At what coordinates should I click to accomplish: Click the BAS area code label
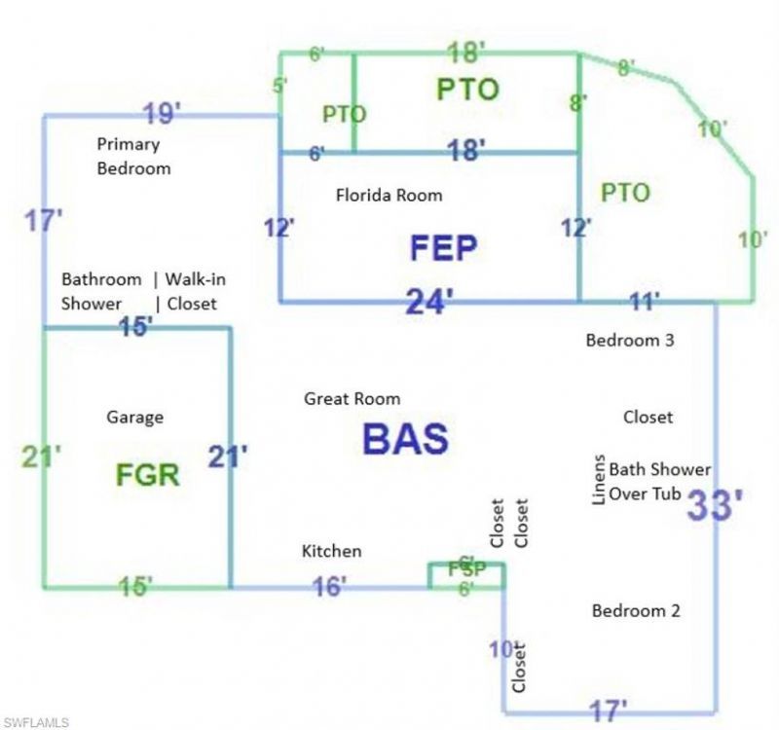pos(405,439)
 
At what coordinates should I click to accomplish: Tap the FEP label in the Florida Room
pos(443,248)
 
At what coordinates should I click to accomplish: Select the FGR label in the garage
pos(147,475)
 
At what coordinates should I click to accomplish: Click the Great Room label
pos(352,399)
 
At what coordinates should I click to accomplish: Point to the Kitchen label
pos(331,552)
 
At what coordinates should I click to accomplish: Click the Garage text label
pos(134,418)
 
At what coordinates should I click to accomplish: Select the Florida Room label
pos(389,196)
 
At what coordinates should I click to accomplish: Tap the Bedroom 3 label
pos(630,341)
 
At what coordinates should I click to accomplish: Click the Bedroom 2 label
pos(636,611)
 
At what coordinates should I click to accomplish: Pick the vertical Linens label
pos(600,479)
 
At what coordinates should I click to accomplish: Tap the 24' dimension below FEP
pos(429,303)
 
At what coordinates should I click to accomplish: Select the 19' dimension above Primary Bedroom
pos(162,114)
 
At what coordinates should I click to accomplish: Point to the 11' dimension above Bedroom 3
pos(642,301)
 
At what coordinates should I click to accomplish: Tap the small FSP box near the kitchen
pos(466,574)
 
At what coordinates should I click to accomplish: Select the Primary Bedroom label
pos(133,156)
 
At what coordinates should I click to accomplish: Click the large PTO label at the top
pos(467,90)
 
